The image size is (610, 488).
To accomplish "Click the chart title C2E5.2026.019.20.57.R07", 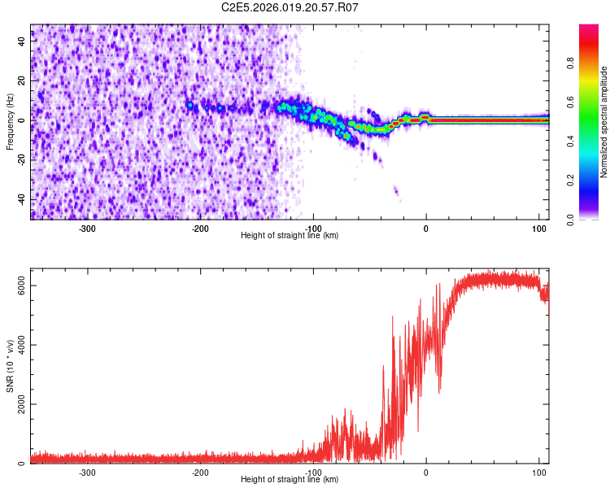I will (x=290, y=7).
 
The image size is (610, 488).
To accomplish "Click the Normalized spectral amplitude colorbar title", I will (x=604, y=122).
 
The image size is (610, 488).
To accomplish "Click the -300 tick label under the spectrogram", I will (x=87, y=227).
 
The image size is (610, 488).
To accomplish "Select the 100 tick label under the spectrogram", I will (x=538, y=227).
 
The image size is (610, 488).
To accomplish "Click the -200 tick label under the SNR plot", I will (x=200, y=472).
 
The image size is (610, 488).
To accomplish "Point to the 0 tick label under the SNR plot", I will (x=426, y=472).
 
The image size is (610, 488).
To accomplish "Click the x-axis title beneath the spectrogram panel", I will (x=290, y=235).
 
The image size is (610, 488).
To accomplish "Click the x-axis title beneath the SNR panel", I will (x=290, y=480).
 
